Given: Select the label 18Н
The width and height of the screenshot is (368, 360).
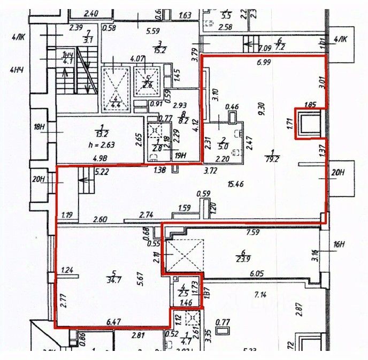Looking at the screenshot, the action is click(37, 127).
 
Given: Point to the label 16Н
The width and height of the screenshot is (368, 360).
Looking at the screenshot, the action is click(339, 245).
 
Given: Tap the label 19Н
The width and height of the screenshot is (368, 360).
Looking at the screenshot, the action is click(180, 156).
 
